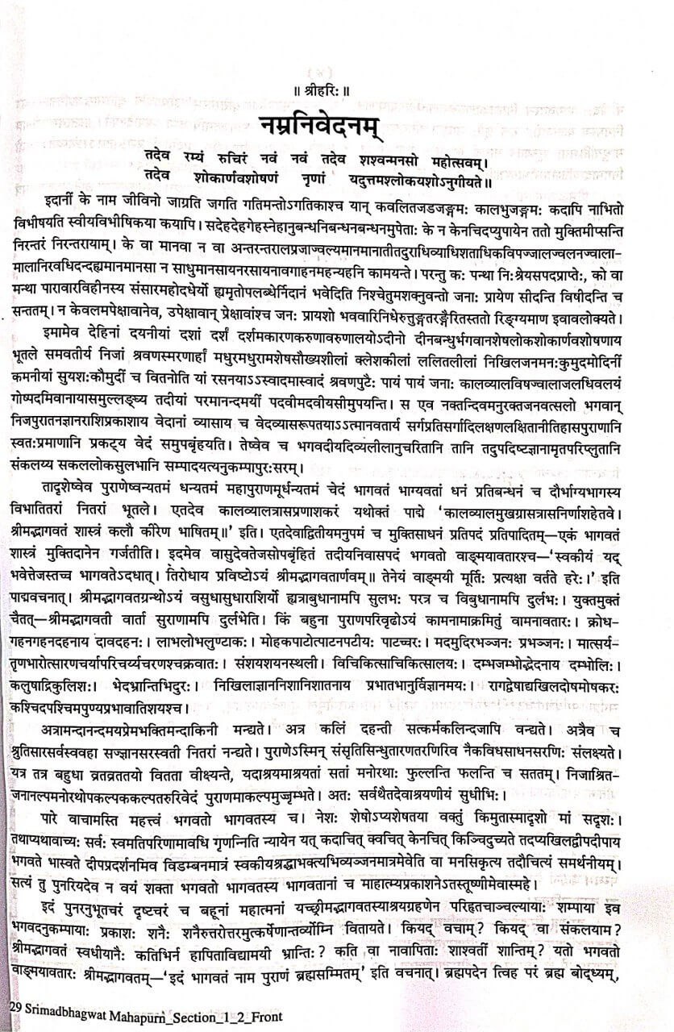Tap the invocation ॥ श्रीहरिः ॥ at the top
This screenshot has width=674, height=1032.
point(336,78)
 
